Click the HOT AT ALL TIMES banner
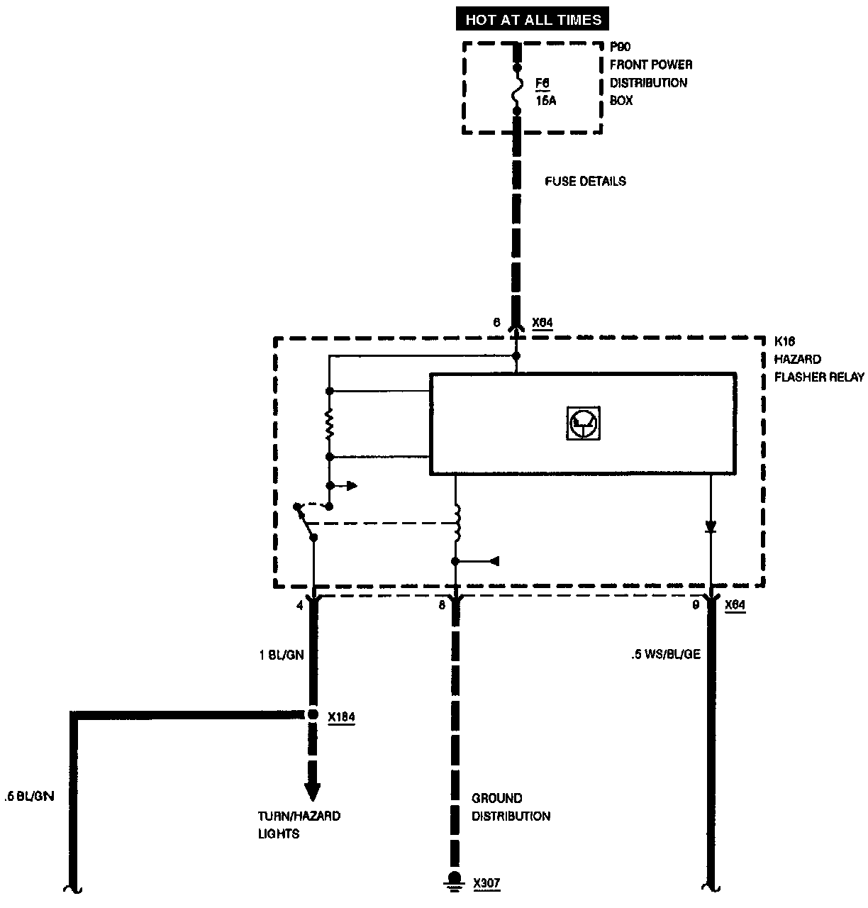point(533,19)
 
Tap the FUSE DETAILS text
point(585,182)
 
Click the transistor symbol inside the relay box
point(583,423)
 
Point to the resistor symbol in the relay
point(329,424)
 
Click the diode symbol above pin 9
point(711,527)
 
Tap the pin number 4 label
point(299,605)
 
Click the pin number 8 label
point(442,605)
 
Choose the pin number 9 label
point(696,605)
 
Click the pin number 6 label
point(496,323)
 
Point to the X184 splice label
point(341,717)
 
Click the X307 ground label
point(487,884)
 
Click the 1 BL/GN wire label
point(282,655)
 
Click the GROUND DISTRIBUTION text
point(511,807)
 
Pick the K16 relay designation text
point(784,341)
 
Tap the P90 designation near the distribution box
point(621,47)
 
